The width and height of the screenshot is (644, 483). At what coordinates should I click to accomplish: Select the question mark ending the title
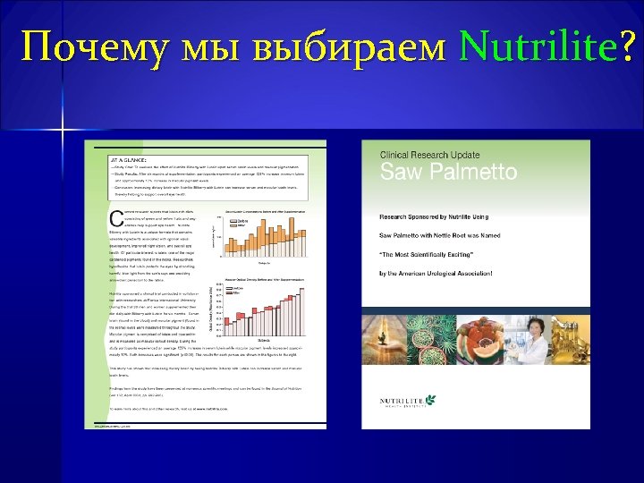(x=625, y=47)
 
